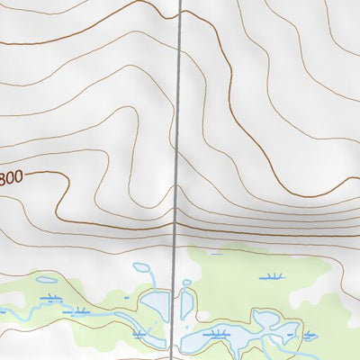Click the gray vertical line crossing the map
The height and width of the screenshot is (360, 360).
point(178,135)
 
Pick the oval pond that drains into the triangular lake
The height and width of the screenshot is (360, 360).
point(141,267)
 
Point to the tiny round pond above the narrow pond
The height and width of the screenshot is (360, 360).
point(187,283)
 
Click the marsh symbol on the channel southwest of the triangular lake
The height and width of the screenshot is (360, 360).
point(139,334)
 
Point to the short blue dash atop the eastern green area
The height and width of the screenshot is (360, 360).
point(215,254)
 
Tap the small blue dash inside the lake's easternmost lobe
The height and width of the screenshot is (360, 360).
point(290,334)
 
